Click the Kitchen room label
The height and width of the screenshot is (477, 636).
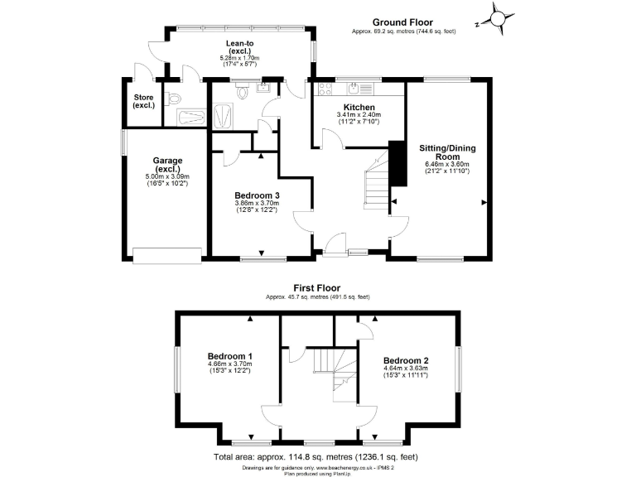357,108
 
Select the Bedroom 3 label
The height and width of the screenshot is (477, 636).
257,195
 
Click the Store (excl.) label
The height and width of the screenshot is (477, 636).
143,101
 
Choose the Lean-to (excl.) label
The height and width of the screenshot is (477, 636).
239,47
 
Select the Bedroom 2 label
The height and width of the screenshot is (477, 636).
405,360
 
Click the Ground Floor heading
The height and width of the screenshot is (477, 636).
402,22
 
